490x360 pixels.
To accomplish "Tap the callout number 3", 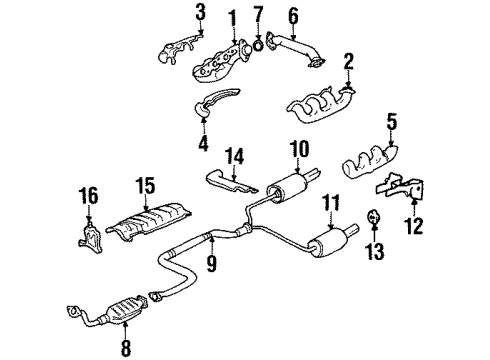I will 200,12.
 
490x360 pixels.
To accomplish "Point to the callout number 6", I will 293,15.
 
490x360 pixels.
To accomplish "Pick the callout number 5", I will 392,125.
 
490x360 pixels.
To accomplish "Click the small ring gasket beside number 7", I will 258,42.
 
